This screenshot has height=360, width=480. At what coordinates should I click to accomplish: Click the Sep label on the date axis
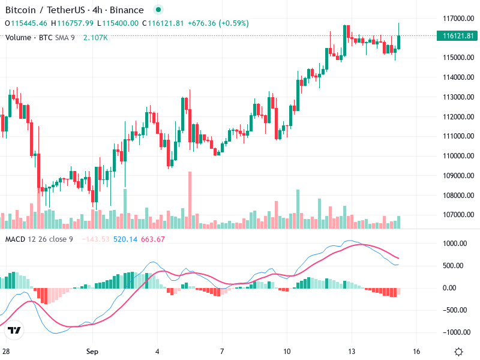92,351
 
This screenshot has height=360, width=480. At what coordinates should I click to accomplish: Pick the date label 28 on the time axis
6,351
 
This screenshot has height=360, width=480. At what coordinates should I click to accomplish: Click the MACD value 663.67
152,239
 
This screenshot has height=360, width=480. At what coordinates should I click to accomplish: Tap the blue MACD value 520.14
125,239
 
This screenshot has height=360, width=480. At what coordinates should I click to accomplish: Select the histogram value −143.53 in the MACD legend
96,239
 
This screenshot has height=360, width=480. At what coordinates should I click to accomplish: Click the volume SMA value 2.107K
95,38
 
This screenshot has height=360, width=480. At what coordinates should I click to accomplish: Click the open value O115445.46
26,23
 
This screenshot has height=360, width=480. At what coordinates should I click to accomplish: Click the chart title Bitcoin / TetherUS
41,10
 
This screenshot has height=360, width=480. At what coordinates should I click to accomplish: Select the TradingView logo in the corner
14,330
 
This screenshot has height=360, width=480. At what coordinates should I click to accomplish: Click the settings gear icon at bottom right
458,351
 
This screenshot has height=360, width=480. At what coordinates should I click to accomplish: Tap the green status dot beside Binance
158,10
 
